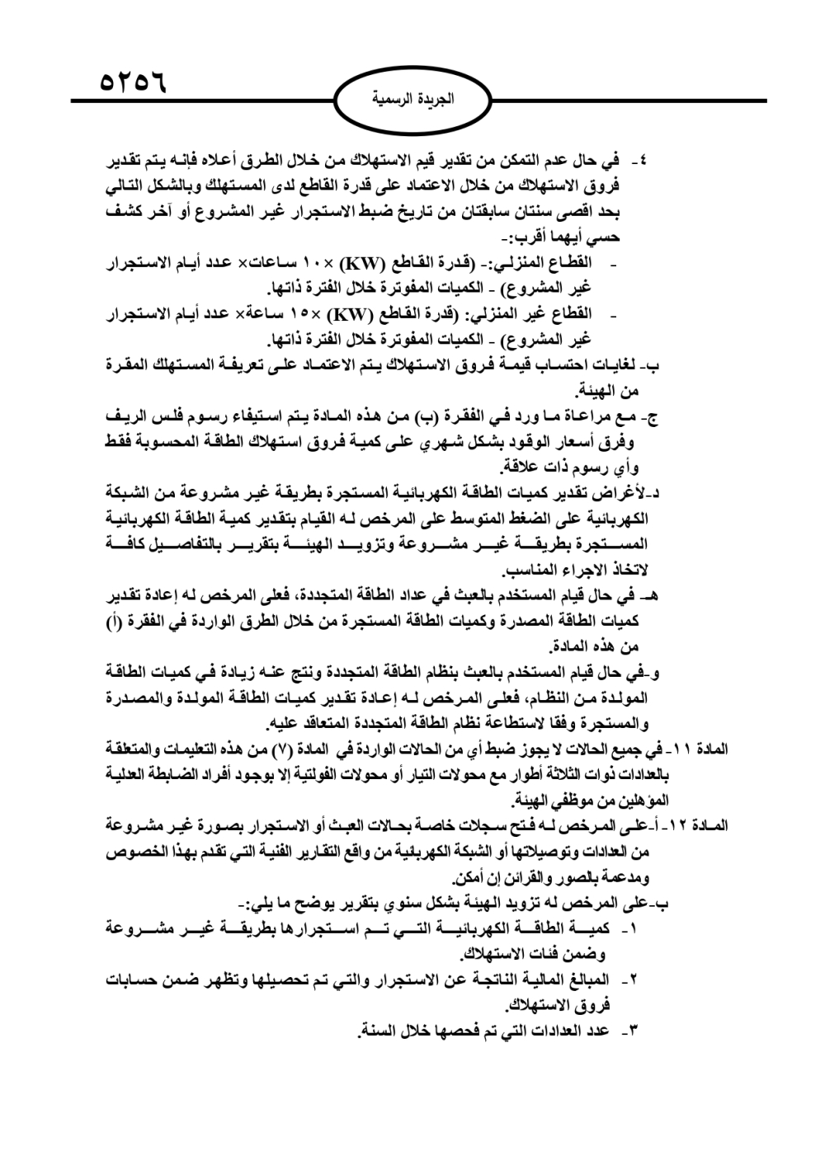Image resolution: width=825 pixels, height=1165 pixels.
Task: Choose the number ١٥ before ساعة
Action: click(x=297, y=314)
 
